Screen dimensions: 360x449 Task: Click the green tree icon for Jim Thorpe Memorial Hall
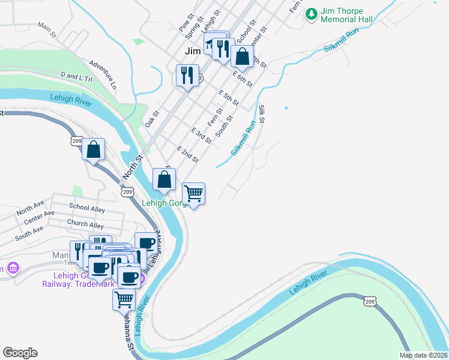tap(312, 13)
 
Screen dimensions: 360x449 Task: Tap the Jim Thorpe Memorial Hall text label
tap(347, 15)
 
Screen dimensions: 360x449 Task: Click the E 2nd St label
tap(188, 154)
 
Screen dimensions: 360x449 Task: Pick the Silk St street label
tap(262, 115)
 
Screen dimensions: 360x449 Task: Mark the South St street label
tap(224, 127)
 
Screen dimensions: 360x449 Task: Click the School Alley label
tap(87, 208)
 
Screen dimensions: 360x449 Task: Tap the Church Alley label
tap(85, 224)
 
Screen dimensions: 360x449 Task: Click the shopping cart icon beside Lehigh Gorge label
tap(193, 194)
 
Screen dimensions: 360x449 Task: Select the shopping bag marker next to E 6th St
tap(242, 56)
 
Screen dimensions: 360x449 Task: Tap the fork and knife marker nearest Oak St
tap(187, 76)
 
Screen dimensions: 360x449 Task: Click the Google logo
tap(20, 353)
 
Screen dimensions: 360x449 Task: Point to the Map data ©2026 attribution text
tap(423, 355)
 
